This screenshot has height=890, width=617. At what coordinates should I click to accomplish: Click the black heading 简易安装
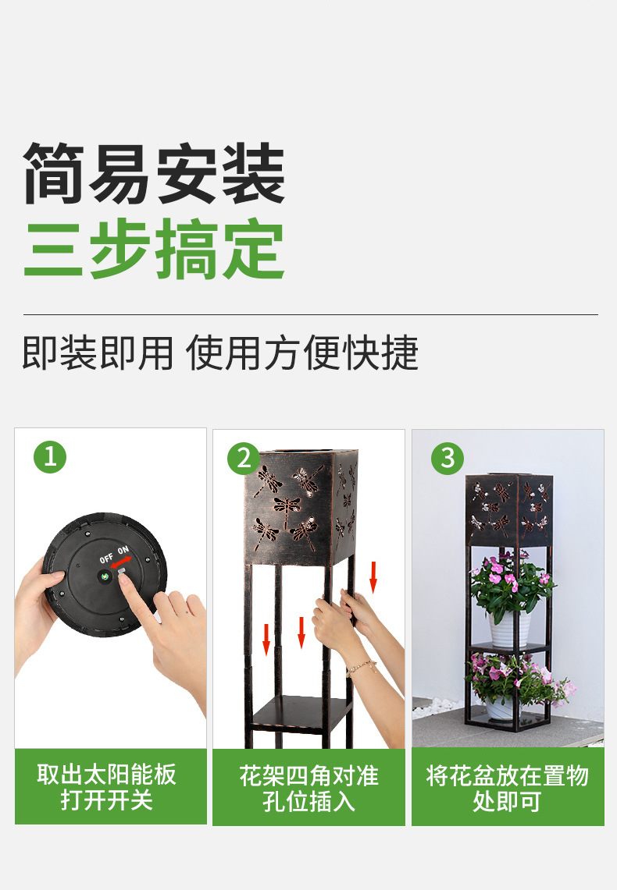pos(154,174)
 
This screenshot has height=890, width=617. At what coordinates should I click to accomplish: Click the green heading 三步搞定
pos(154,250)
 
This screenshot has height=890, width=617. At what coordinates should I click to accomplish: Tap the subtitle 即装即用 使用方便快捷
pos(220,353)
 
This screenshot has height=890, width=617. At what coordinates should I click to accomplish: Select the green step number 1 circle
pos(50,457)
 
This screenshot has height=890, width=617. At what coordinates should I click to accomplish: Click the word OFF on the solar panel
pos(106,558)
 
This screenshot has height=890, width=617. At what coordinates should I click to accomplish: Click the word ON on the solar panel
pos(124,551)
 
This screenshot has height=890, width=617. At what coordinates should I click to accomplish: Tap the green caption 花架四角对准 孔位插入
pos(308,787)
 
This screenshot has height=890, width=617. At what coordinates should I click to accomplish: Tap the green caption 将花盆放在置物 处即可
pos(507,787)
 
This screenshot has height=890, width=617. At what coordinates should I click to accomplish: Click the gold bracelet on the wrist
pos(362,666)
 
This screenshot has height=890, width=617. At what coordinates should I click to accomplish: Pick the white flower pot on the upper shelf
pos(509,629)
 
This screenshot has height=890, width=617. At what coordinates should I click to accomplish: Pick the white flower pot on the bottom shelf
pos(500,707)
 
